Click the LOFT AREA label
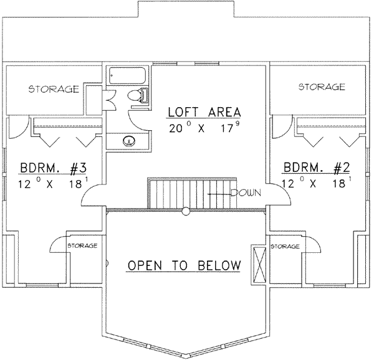(x=204, y=112)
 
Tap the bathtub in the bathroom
(x=127, y=75)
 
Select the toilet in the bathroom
(x=138, y=96)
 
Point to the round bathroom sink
(x=129, y=141)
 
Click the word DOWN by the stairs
(x=246, y=192)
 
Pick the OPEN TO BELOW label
(x=184, y=265)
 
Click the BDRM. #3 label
(x=53, y=168)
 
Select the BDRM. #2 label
(x=317, y=168)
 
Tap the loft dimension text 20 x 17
(x=204, y=128)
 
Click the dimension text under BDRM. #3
(x=53, y=184)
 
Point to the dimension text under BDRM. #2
(x=317, y=182)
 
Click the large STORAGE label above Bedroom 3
(x=54, y=89)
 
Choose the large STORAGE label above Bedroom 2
(x=322, y=87)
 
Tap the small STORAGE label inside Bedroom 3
(x=82, y=245)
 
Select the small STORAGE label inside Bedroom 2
(x=285, y=246)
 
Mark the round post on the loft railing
(x=186, y=211)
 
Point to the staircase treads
(x=192, y=194)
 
